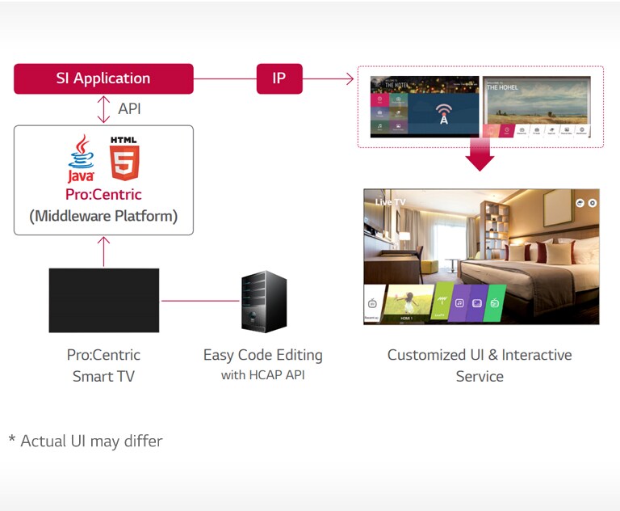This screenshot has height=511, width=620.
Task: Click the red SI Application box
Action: point(103,78)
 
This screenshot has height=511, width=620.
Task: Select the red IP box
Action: point(279,78)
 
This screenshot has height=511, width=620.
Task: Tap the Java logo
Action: point(82,158)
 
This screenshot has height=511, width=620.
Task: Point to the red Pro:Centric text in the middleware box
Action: point(103,195)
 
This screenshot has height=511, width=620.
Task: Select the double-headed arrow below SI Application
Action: point(103,109)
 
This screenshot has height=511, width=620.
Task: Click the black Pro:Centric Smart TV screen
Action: point(103,300)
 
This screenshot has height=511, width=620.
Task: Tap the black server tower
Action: point(264,302)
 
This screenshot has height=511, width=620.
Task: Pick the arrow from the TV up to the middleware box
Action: point(103,251)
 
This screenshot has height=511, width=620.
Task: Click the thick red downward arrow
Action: point(480,156)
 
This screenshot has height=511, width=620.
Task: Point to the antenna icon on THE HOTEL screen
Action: point(443,113)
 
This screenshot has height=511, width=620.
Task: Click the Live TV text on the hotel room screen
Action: point(390,202)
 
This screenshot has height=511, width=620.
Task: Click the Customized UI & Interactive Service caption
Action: point(480,365)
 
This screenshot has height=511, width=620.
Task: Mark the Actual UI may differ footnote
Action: point(86,441)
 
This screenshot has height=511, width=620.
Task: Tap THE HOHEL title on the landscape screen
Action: point(503,87)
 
